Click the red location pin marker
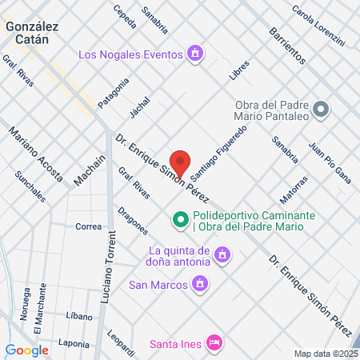coord(181,163)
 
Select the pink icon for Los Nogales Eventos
coord(194,54)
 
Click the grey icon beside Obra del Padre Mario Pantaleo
coord(321,109)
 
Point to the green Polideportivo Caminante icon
coord(181,218)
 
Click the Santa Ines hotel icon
coord(214,342)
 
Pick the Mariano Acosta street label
coord(35,154)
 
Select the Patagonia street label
coord(113,93)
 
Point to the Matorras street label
coord(294,189)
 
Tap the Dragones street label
coord(132,221)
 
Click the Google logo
coord(27,350)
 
